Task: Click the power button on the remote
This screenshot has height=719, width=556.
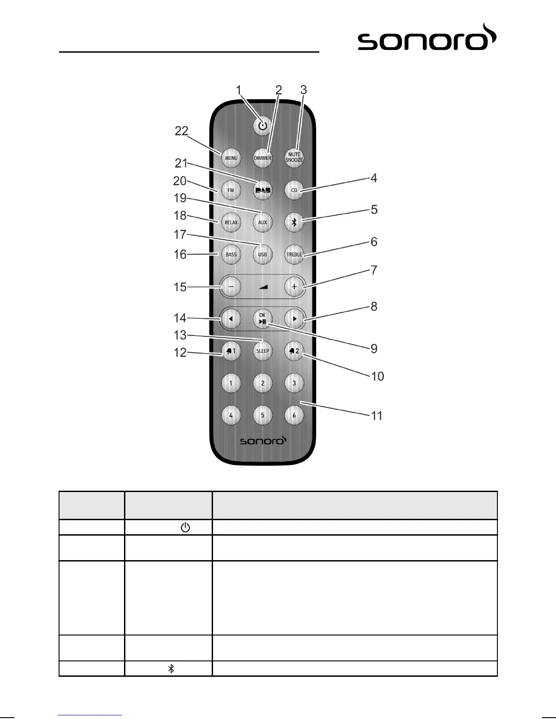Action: click(x=263, y=126)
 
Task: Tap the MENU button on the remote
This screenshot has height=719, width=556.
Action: click(x=231, y=158)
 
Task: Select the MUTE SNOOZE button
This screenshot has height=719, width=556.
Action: click(x=294, y=158)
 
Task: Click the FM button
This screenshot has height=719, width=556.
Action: click(x=231, y=190)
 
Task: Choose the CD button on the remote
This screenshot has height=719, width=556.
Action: click(x=294, y=190)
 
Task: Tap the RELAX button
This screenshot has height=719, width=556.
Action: click(x=231, y=222)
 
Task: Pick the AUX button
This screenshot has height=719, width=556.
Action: click(x=263, y=222)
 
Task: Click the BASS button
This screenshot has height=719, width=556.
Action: click(x=231, y=255)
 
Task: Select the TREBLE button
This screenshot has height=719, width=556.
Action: click(x=294, y=255)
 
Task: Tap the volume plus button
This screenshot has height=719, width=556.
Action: click(x=294, y=287)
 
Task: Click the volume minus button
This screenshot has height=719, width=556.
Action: click(x=231, y=287)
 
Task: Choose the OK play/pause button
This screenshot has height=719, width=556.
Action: click(x=263, y=319)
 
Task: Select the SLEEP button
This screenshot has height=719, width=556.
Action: click(x=263, y=351)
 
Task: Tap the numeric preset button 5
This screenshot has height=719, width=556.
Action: click(x=263, y=415)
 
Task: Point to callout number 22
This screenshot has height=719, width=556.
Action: click(x=182, y=131)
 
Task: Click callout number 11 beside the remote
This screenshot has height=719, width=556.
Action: click(x=377, y=416)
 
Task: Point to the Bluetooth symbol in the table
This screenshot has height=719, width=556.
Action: click(x=171, y=669)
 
